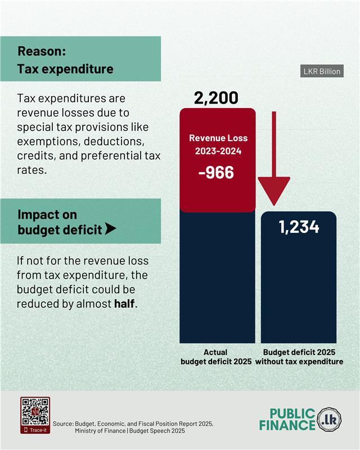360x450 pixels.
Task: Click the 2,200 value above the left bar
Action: click(x=216, y=98)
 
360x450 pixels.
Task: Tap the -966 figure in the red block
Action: click(x=216, y=172)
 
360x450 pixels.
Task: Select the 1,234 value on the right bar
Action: click(x=299, y=227)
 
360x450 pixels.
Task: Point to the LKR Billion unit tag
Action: click(x=322, y=72)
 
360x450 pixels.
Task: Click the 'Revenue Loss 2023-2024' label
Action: click(x=218, y=145)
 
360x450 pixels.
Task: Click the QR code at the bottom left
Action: click(x=35, y=412)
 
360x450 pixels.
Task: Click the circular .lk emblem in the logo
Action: click(x=329, y=420)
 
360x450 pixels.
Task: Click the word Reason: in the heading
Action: click(x=42, y=51)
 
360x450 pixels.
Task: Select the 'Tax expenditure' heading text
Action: click(x=65, y=69)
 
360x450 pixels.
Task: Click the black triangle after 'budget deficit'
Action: click(x=111, y=229)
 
